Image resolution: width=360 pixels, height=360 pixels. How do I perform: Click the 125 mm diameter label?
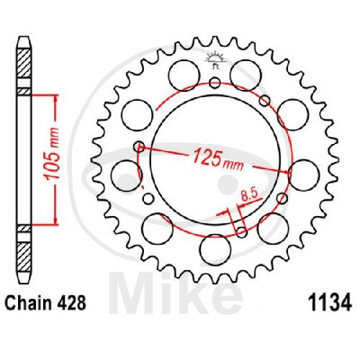click(218, 159)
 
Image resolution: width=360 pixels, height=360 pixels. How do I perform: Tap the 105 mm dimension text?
click(53, 154)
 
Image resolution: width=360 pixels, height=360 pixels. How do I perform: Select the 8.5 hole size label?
click(249, 195)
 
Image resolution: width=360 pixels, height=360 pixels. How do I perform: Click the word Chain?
click(28, 303)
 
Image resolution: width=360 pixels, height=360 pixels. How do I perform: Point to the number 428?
click(71, 303)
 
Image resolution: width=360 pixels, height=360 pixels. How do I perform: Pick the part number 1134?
click(330, 303)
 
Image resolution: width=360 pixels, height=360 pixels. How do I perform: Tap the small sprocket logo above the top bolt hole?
click(215, 60)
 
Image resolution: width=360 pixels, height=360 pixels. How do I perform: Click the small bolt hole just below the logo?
click(215, 83)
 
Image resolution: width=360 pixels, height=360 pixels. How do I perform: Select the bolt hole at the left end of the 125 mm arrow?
click(139, 146)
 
